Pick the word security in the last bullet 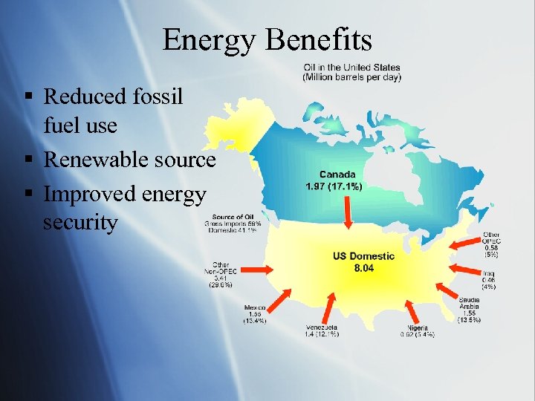(x=80, y=223)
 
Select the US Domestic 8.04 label (x=363, y=261)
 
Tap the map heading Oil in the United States (x=351, y=73)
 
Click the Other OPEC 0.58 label (x=491, y=244)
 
